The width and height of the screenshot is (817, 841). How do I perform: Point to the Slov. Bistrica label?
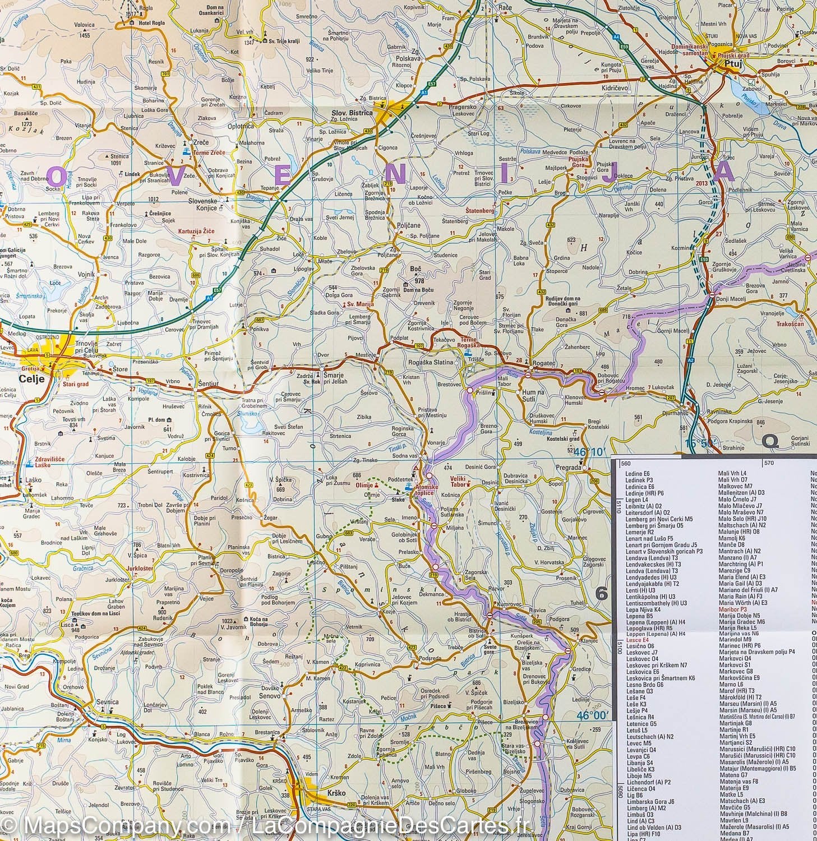(x=352, y=112)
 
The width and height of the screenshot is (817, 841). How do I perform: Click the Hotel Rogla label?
(x=149, y=23)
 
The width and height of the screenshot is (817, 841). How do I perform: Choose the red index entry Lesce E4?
(x=636, y=639)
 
